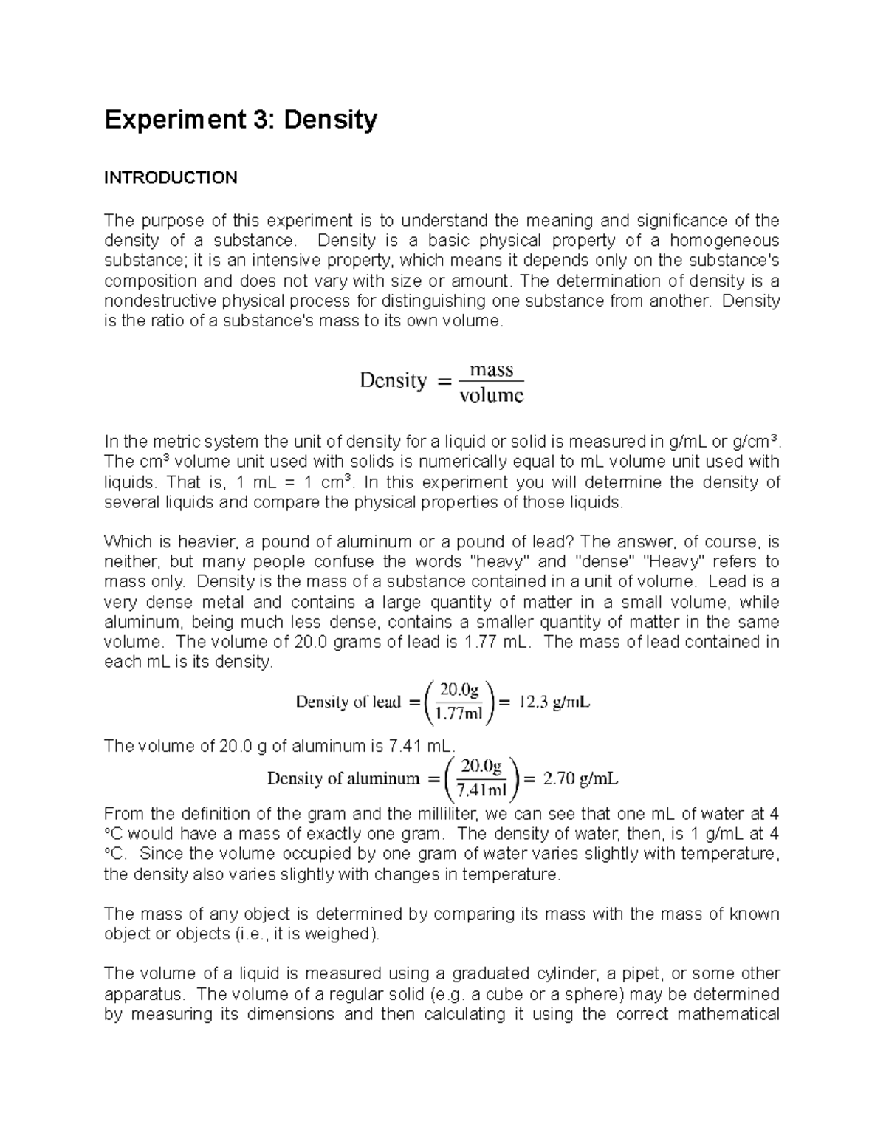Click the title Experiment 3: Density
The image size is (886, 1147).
point(241,120)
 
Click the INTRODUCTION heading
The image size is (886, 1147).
point(171,178)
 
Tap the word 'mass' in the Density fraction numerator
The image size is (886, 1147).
point(491,370)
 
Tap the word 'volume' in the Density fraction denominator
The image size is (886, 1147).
point(491,396)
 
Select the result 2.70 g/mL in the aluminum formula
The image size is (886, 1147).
point(580,778)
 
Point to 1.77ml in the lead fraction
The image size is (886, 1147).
point(459,713)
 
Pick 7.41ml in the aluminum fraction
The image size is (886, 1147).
point(481,790)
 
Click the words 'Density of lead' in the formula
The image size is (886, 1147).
point(348,702)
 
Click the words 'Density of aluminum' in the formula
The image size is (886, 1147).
point(343,778)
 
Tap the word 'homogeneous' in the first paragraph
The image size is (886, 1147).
point(724,241)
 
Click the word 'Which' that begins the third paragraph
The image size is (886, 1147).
point(127,541)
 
